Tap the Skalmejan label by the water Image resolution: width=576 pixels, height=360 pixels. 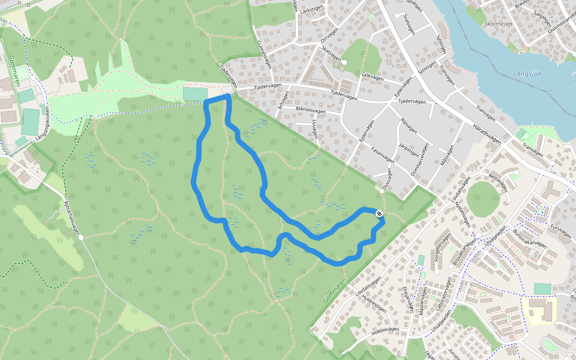tap(497, 24)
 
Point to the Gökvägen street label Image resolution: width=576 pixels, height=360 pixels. tap(373, 77)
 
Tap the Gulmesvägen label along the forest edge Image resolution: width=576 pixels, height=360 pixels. tap(264, 54)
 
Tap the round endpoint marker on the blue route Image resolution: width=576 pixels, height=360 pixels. tap(379, 214)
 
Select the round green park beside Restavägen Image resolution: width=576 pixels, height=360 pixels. tap(483, 199)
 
